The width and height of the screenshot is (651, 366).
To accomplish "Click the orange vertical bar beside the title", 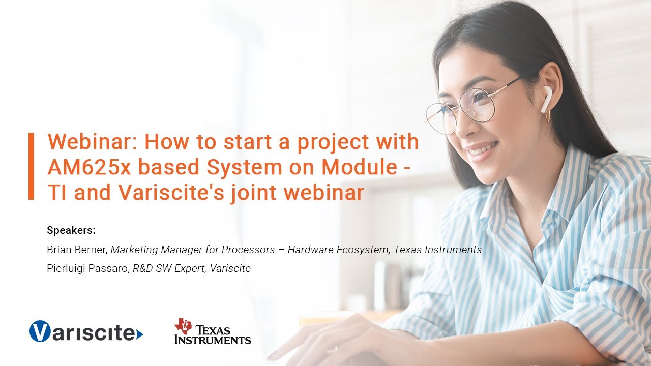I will [32, 166].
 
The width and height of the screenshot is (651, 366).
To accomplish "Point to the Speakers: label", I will [71, 230].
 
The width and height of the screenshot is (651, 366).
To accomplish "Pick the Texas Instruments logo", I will [213, 331].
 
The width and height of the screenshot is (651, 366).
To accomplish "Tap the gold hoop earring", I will [547, 116].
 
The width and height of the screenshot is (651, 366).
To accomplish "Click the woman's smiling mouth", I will [481, 150].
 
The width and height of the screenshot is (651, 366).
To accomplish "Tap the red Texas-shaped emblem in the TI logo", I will [183, 326].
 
